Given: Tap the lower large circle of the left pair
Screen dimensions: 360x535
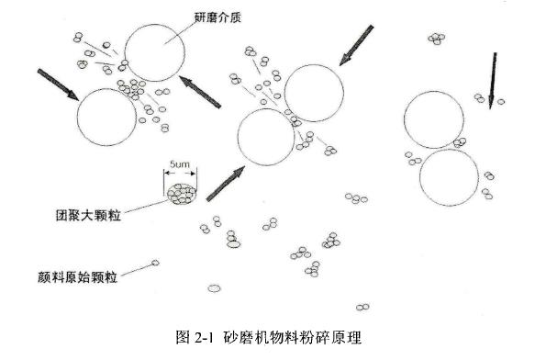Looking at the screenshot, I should [106, 118].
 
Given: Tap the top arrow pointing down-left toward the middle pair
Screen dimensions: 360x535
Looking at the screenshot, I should [358, 45].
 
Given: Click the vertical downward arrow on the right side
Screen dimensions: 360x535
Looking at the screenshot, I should [493, 80].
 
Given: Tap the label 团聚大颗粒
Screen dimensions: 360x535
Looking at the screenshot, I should [89, 216].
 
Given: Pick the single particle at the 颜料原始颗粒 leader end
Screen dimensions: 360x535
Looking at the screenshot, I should [155, 264].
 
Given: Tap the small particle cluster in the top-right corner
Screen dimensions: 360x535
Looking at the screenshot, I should [437, 39].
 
